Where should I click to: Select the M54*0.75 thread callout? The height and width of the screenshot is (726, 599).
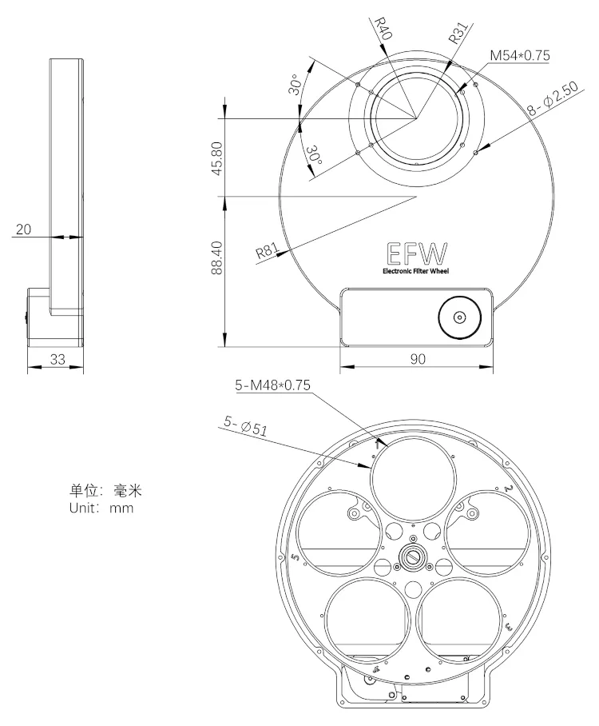tap(519, 55)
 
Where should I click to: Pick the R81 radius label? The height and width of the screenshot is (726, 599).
tap(266, 253)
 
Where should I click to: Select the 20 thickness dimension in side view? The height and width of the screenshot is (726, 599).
tap(23, 229)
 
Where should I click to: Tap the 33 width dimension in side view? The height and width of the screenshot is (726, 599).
tap(57, 359)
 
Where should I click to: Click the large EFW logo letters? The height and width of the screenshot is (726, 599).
tap(415, 253)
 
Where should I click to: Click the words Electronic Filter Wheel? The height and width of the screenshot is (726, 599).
tap(415, 271)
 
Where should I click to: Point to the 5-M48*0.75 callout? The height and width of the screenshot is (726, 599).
tap(272, 385)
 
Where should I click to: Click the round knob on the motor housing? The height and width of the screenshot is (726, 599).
tap(459, 317)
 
